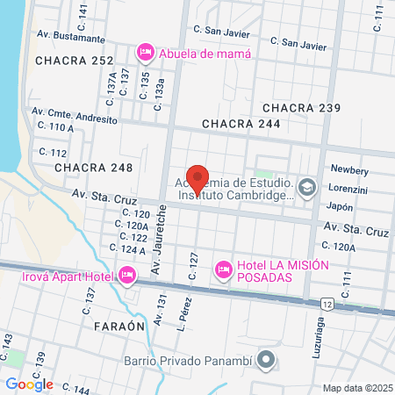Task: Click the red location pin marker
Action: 197,179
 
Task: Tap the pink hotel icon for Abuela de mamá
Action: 145,54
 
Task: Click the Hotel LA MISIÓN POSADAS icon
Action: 223,267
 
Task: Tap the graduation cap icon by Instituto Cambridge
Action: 307,186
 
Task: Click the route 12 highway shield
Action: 327,303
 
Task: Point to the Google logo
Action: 29,384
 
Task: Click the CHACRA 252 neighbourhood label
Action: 75,61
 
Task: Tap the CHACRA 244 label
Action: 241,125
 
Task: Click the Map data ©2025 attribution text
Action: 355,387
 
